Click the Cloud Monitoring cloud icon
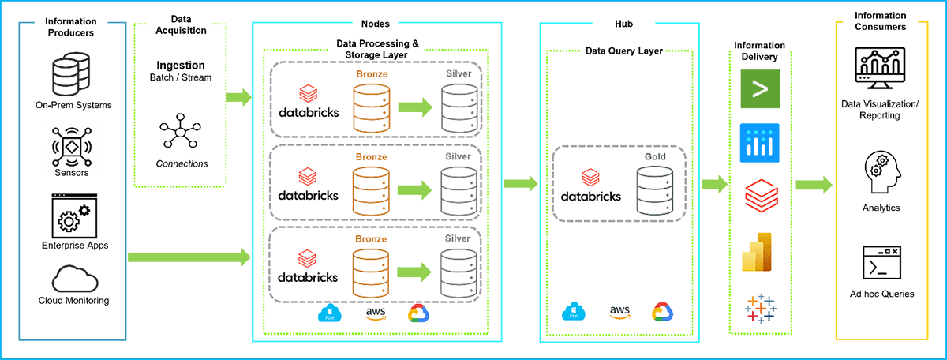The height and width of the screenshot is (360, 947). pyautogui.click(x=73, y=277)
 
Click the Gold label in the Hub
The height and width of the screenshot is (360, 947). pyautogui.click(x=655, y=157)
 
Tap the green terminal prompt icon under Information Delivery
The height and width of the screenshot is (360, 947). pyautogui.click(x=759, y=89)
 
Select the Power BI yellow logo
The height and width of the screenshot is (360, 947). pyautogui.click(x=759, y=253)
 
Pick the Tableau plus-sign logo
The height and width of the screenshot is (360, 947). pyautogui.click(x=759, y=308)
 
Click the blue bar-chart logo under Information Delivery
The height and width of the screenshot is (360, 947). pyautogui.click(x=759, y=143)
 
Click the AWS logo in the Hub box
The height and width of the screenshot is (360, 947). pyautogui.click(x=619, y=312)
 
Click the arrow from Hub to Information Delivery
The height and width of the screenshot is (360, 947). pyautogui.click(x=714, y=185)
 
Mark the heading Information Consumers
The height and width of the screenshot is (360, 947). pyautogui.click(x=880, y=21)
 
